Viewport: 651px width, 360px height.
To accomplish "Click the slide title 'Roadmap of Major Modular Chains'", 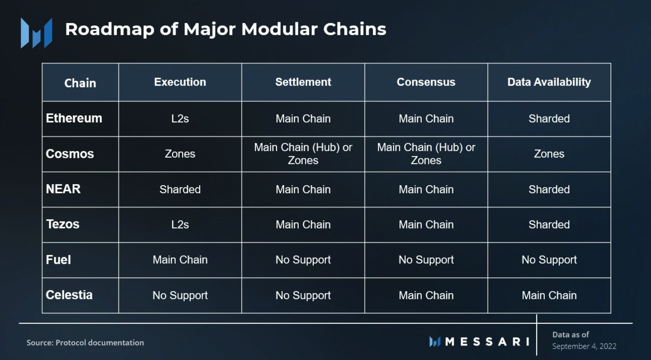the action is [x=226, y=29].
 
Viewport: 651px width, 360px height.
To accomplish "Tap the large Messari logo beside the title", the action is [x=37, y=33].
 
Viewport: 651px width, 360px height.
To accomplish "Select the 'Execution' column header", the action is [x=180, y=82].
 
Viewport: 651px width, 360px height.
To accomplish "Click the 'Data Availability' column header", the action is [x=549, y=82].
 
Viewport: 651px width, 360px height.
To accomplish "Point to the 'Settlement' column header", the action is [x=303, y=82].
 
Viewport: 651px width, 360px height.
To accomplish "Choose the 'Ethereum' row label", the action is [x=74, y=118].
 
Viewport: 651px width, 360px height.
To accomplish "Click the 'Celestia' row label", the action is [x=69, y=295].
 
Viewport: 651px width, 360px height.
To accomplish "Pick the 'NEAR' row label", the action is [x=63, y=189].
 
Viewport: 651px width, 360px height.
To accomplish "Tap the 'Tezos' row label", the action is [x=63, y=224].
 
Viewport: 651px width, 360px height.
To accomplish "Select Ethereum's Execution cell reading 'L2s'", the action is [x=180, y=119].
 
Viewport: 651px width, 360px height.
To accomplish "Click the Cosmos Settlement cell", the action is [x=303, y=154].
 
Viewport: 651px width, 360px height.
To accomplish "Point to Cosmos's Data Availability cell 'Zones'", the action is [x=549, y=154].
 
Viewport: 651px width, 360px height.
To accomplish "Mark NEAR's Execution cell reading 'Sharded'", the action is [x=180, y=189].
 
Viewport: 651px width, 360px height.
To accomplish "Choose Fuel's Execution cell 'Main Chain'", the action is [x=180, y=260].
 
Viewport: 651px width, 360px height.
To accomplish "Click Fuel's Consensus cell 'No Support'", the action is [x=426, y=260].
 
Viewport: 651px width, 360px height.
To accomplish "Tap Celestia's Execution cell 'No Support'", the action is [x=180, y=295].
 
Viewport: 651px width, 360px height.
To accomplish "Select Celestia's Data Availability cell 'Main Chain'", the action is [x=549, y=295].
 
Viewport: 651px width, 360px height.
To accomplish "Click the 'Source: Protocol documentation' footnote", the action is [x=85, y=343].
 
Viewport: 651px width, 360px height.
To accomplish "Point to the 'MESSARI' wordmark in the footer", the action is [x=479, y=341].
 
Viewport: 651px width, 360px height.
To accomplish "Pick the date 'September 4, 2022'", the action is [x=584, y=346].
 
